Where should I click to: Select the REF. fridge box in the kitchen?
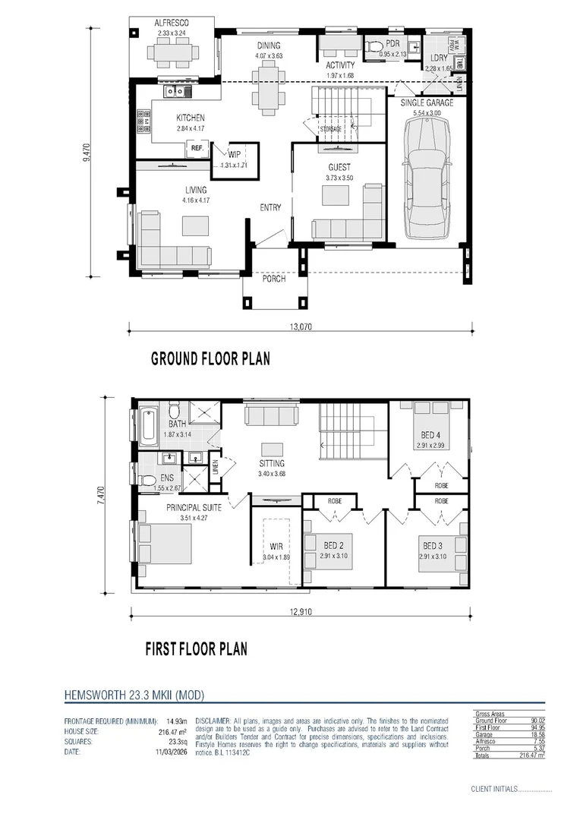click(197, 148)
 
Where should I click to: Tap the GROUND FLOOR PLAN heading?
click(210, 358)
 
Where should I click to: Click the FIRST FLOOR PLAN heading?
click(196, 649)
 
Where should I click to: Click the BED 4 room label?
click(431, 434)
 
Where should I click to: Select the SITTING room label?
click(271, 463)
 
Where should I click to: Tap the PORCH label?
click(274, 279)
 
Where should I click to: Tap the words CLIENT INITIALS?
click(493, 790)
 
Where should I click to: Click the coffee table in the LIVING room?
click(194, 225)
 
